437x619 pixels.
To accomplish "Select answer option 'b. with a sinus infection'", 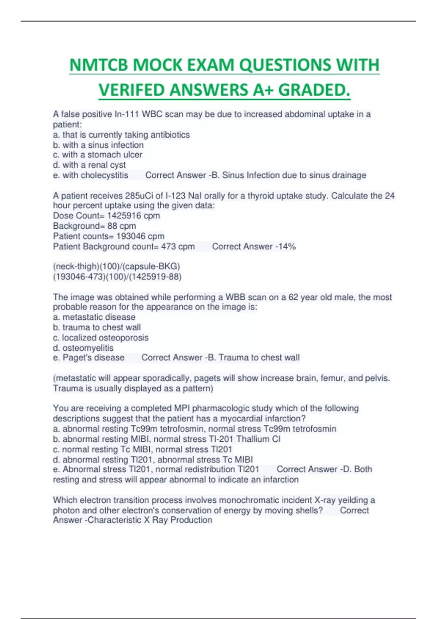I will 98,145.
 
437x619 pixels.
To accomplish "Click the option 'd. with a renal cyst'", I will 89,165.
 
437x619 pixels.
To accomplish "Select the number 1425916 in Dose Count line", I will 124,216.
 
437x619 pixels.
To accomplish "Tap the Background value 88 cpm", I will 122,226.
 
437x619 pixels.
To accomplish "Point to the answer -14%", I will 286,247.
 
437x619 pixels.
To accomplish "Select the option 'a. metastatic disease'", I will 94,317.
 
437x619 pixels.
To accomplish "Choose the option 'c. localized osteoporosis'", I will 101,338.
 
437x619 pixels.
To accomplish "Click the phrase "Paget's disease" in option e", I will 93,358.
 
